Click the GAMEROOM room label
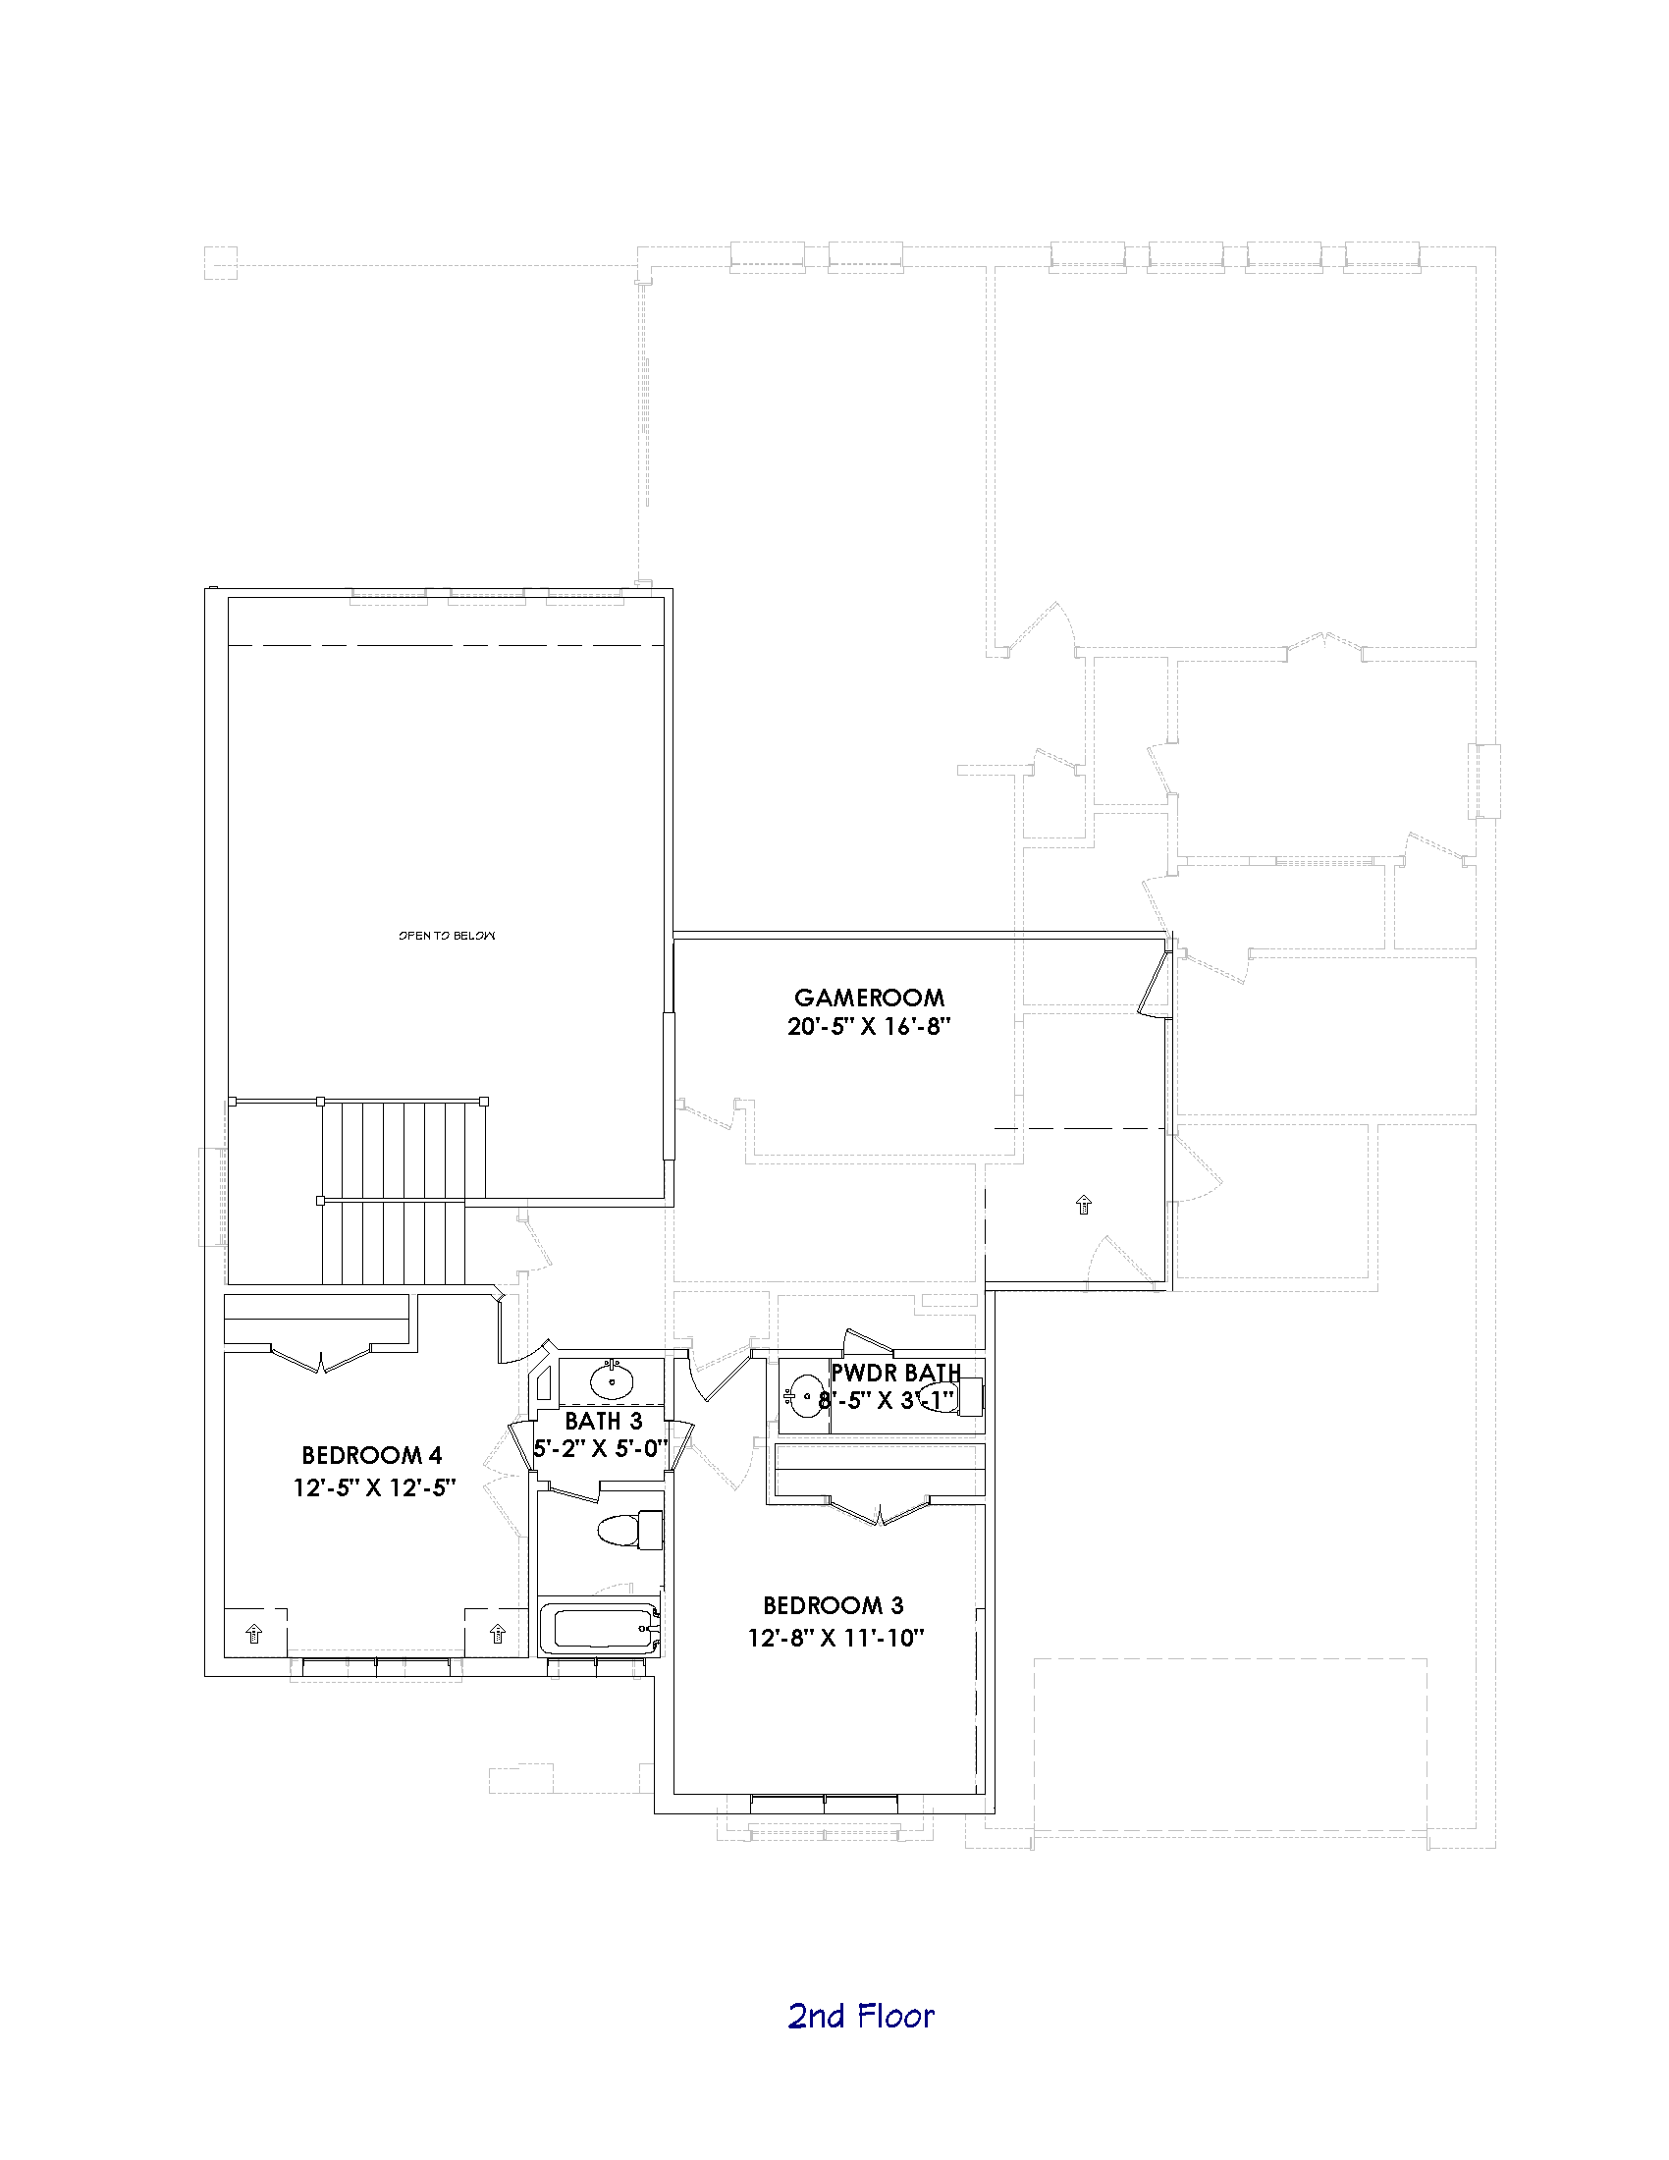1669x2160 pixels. tap(868, 997)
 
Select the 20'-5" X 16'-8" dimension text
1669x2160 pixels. tap(868, 1027)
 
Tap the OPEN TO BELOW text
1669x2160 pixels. tap(447, 935)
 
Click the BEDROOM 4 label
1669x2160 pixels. tap(372, 1455)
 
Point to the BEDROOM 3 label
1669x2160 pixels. tap(833, 1605)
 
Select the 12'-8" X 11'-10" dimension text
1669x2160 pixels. tap(834, 1638)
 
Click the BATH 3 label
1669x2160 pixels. tap(603, 1422)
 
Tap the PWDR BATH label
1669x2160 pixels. tap(895, 1373)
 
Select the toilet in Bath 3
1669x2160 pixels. tap(631, 1530)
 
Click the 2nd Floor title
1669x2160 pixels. tap(860, 2016)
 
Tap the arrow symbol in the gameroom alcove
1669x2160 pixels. tap(1083, 1204)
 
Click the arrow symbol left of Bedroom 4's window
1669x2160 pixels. tap(253, 1633)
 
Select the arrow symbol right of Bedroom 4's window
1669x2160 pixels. tap(498, 1633)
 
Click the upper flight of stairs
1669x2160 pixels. tap(404, 1151)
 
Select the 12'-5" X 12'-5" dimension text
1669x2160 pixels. tap(374, 1487)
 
